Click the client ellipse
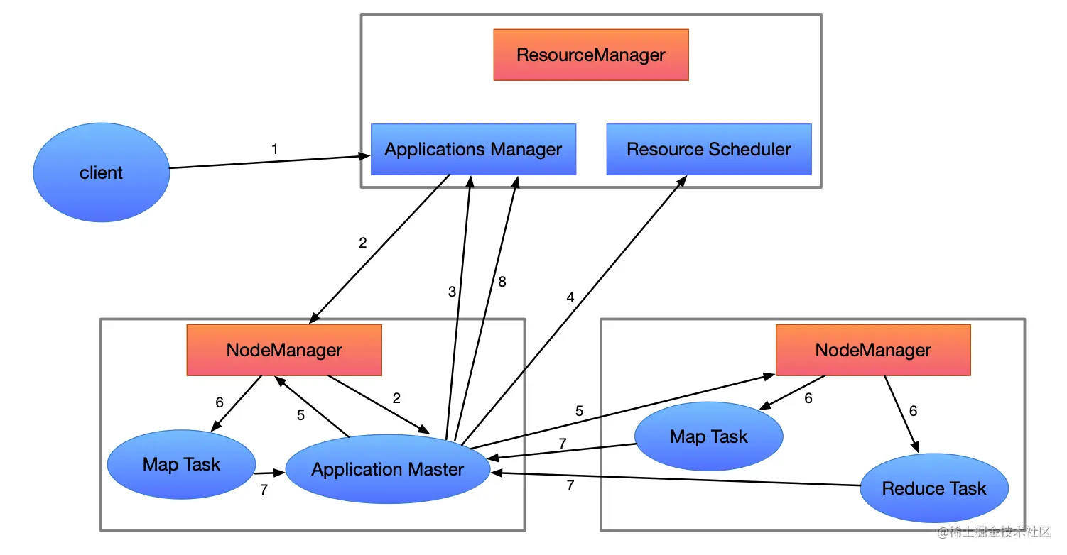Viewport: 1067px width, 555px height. [101, 172]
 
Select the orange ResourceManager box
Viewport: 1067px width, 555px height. [591, 55]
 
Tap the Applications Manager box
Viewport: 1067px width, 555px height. [473, 150]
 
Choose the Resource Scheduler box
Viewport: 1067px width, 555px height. [708, 150]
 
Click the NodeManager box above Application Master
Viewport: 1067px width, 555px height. [284, 350]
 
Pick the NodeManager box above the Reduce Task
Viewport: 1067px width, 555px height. [872, 350]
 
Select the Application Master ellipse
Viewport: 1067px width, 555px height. [387, 469]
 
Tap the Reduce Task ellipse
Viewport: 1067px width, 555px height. [933, 488]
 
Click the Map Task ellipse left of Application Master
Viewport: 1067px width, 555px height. [181, 464]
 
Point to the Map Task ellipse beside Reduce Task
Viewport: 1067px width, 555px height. [708, 436]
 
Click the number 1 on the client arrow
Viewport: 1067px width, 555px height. [275, 149]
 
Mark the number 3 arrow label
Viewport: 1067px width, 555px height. [452, 291]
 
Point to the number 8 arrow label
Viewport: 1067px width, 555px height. [502, 282]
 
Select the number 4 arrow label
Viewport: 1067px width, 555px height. [570, 298]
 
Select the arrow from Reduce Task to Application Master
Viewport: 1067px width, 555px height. [675, 479]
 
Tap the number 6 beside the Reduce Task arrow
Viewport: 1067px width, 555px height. [913, 411]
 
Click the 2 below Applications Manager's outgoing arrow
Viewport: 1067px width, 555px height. [363, 243]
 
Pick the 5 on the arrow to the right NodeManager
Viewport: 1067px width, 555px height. [579, 411]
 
